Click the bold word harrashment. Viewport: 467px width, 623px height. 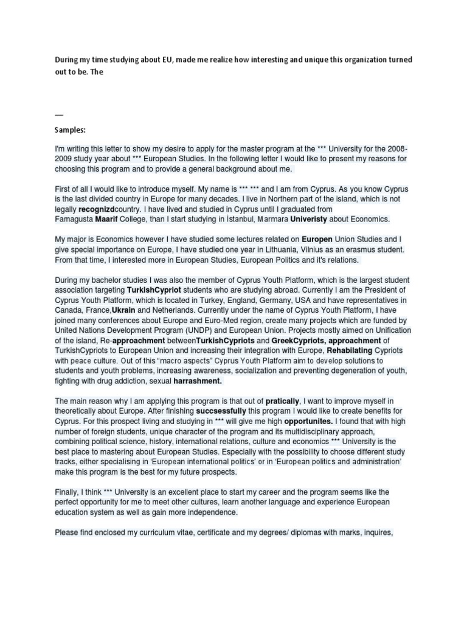198,381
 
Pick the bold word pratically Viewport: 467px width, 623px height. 282,402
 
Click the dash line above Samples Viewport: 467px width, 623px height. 59,114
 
